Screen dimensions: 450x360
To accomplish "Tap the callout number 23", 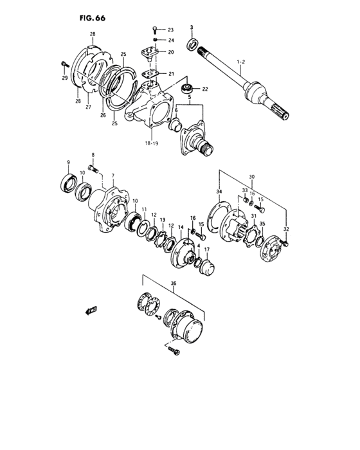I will [170, 30].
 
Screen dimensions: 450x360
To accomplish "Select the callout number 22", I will [205, 89].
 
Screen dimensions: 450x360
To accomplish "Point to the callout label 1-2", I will [241, 62].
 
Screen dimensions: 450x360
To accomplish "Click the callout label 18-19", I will [152, 143].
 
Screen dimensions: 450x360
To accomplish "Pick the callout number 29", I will [64, 78].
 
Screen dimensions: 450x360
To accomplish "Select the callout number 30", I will [253, 177].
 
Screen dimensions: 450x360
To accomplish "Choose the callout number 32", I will [285, 229].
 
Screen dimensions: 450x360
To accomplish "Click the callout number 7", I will [113, 175].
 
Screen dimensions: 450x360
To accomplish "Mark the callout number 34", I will [219, 192].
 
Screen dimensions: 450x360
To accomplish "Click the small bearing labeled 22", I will [188, 88].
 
